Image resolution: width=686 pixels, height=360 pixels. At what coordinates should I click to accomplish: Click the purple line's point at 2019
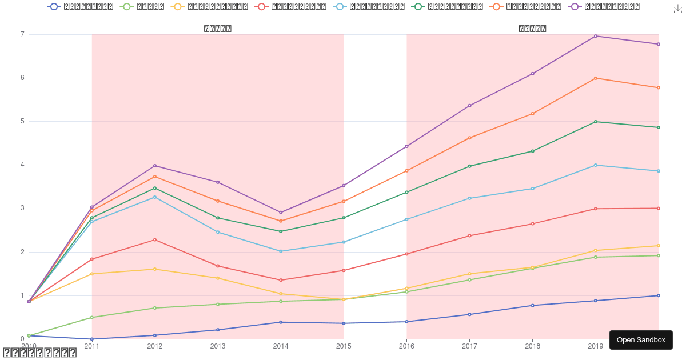point(596,36)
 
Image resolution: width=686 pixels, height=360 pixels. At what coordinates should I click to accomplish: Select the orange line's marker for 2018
point(533,114)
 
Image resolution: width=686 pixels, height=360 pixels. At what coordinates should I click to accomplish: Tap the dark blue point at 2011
point(92,339)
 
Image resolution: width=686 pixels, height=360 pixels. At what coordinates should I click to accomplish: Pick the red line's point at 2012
point(155,239)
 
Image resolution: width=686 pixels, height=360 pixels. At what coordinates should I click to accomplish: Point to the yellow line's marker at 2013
point(218,278)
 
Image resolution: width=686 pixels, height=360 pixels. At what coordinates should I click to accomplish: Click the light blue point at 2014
point(281,251)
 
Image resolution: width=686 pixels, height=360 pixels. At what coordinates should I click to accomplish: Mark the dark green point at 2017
point(470,166)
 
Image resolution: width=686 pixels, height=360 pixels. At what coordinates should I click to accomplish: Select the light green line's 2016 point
point(407,292)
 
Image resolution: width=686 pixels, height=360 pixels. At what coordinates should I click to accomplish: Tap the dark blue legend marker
point(54,7)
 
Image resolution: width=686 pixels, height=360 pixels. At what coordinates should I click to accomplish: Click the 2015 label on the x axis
point(344,346)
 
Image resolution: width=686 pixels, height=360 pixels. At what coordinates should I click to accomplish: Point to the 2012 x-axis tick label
point(155,346)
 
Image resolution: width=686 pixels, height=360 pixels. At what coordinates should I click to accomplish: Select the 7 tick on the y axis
point(22,34)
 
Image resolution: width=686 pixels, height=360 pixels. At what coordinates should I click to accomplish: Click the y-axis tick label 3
point(22,209)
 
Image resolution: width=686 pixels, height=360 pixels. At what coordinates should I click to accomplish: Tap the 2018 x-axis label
point(533,346)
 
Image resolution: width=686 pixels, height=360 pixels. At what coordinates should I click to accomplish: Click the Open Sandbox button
point(641,340)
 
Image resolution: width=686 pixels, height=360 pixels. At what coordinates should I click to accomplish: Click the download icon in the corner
point(679,9)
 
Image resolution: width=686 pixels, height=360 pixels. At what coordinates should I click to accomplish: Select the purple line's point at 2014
point(281,213)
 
